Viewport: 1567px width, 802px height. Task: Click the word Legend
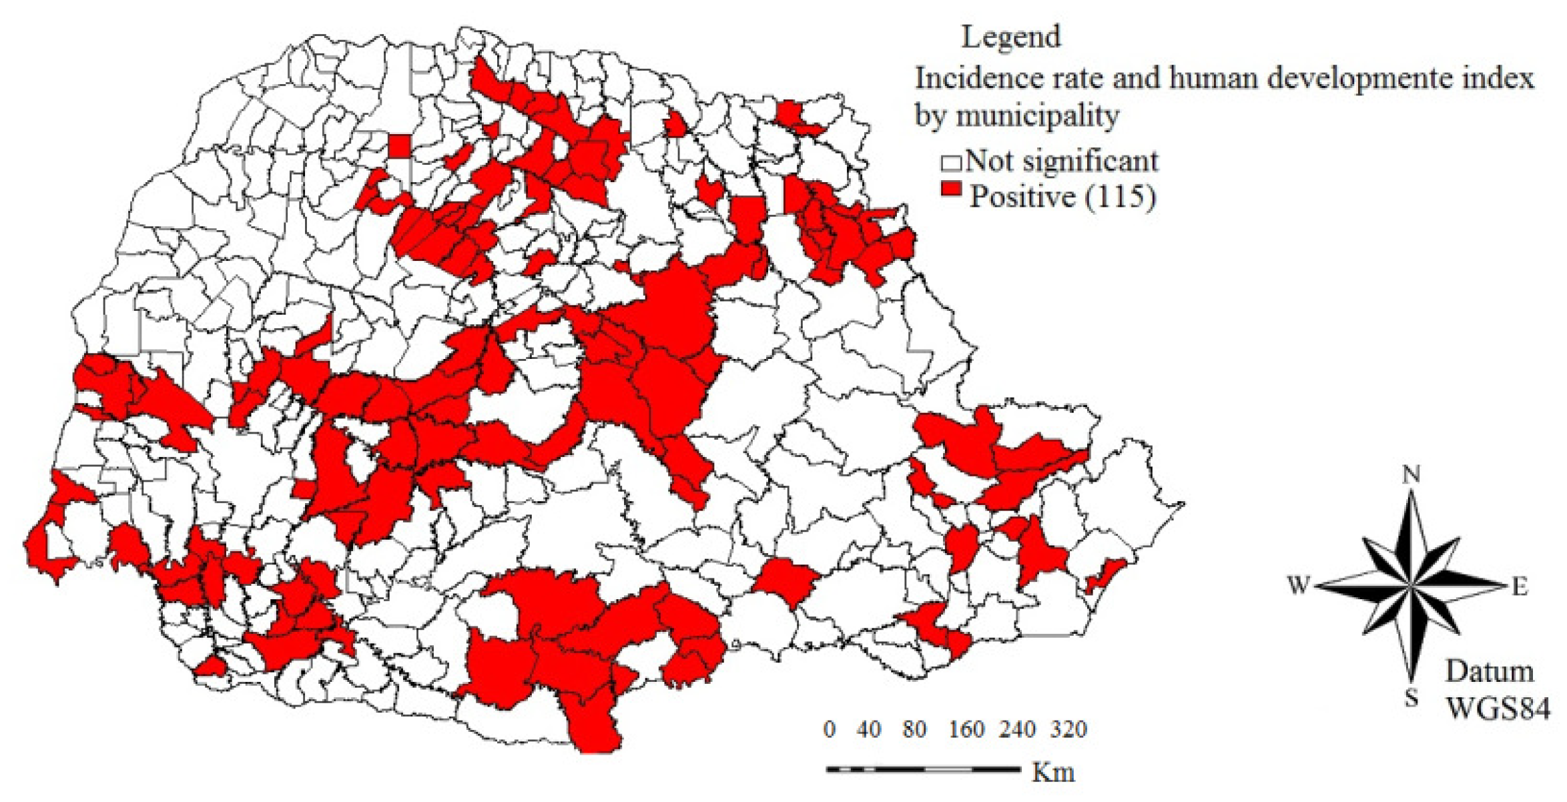tap(1010, 36)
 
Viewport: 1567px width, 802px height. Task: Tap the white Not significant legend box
tap(950, 163)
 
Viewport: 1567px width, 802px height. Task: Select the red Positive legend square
tap(951, 189)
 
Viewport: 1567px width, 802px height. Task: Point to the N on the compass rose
tap(1411, 474)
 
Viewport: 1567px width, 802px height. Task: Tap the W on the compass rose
tap(1299, 585)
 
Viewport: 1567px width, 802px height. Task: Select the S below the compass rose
tap(1411, 698)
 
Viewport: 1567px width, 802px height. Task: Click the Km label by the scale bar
tap(1053, 773)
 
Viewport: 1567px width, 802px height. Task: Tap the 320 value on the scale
tap(1068, 729)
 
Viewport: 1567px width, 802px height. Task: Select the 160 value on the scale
tap(966, 729)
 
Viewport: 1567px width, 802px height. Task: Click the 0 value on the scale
tap(829, 729)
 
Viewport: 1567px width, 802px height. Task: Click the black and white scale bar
tap(924, 770)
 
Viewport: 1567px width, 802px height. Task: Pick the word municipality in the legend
tap(1037, 117)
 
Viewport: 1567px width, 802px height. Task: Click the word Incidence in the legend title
tap(966, 79)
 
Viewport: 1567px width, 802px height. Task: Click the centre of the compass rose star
tap(1411, 586)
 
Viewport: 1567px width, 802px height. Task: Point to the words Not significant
tap(1061, 161)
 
